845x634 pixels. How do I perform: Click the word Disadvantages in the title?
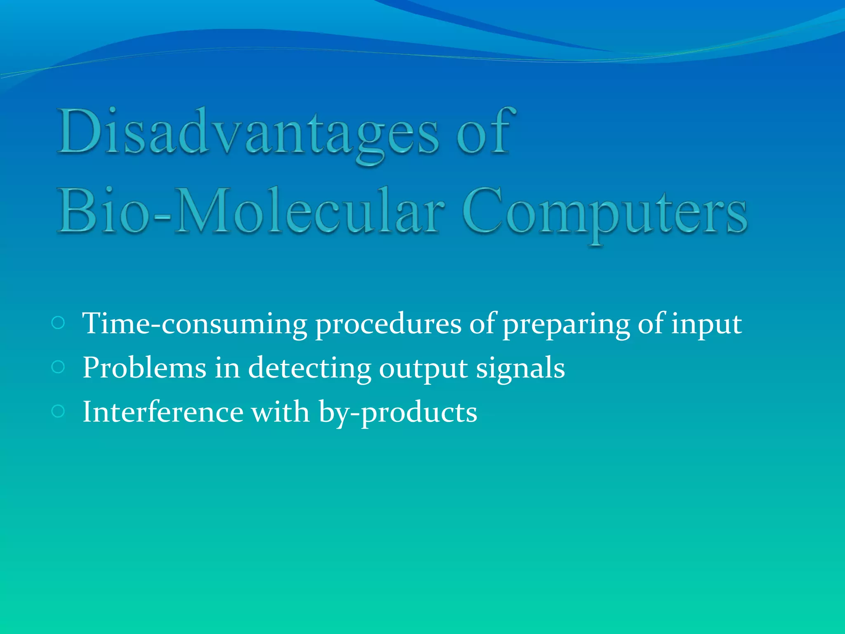tap(248, 132)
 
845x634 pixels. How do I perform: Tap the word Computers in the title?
tap(604, 211)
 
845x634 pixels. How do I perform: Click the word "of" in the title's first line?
tap(486, 132)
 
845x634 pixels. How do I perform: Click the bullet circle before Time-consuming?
tap(58, 323)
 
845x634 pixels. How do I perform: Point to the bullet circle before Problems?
tap(58, 367)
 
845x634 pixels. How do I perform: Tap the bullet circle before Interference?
tap(58, 411)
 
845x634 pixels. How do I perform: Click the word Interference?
tap(163, 412)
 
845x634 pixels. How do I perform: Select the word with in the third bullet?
tap(281, 412)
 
